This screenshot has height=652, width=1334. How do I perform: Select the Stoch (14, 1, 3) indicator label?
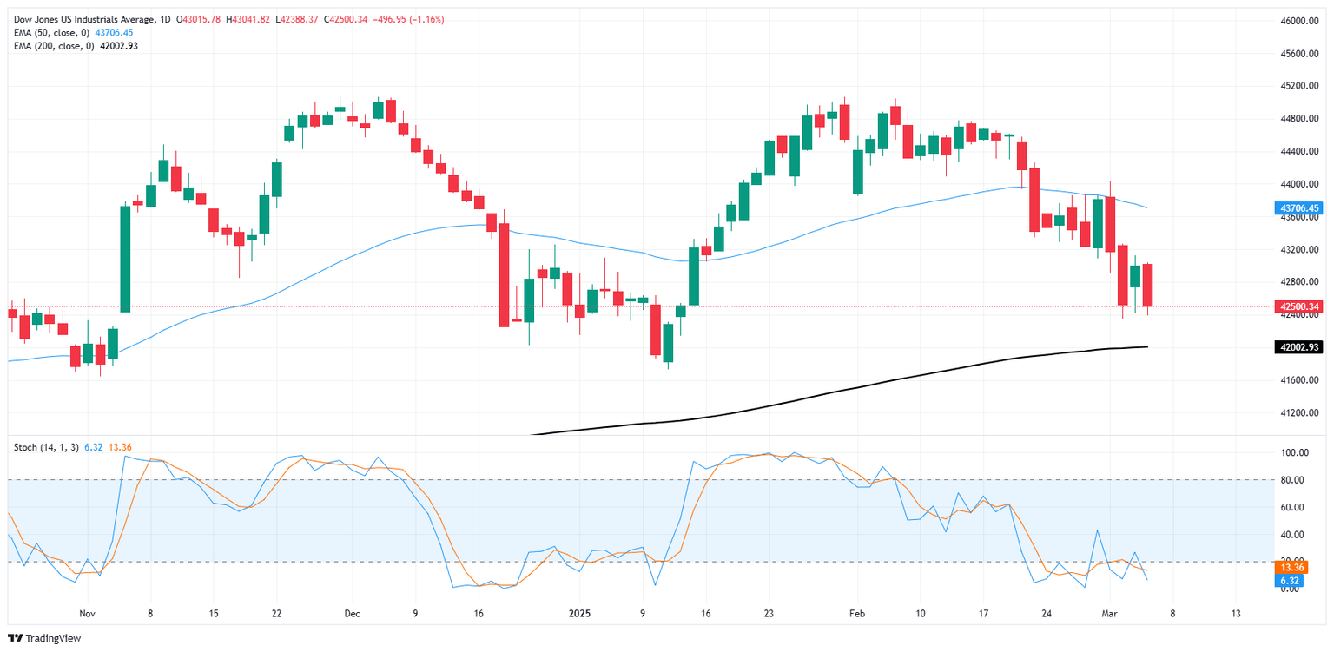pos(46,447)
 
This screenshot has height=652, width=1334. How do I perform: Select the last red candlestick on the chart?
pos(1146,285)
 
